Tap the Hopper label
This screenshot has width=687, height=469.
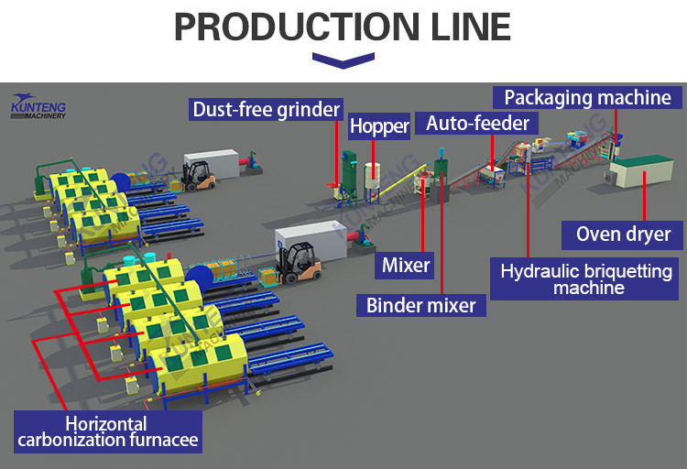378,126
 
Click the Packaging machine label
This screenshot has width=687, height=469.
587,97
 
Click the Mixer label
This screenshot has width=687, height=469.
406,267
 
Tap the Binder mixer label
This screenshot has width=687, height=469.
420,305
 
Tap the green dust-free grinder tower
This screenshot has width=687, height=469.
349,169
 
